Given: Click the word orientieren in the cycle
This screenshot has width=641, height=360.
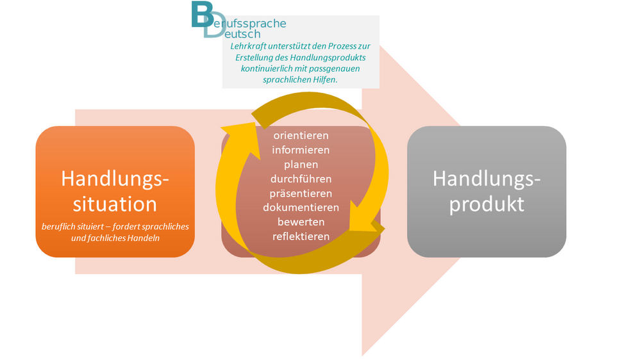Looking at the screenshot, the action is coord(301,135).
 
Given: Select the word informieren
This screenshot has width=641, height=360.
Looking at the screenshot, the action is coord(301,150).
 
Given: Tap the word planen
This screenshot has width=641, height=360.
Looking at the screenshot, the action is coord(301,165).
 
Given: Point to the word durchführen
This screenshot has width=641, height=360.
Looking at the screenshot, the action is coord(301,179).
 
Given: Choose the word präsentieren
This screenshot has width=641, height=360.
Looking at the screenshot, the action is coord(301,193).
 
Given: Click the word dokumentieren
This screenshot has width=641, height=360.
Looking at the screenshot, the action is coord(301,208).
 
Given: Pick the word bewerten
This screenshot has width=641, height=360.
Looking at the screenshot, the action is coord(301,222).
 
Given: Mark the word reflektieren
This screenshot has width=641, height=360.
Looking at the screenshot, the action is coord(301,236).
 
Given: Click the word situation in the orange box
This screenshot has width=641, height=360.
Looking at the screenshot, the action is coord(115,204).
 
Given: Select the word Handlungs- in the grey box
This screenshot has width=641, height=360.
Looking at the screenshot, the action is coord(487,179).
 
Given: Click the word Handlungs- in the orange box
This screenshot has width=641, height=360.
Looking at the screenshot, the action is coord(115,179).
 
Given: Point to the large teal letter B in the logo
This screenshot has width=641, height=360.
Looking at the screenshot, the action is coord(203,14).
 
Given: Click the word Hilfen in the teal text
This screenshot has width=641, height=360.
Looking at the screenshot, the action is coord(325,79).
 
